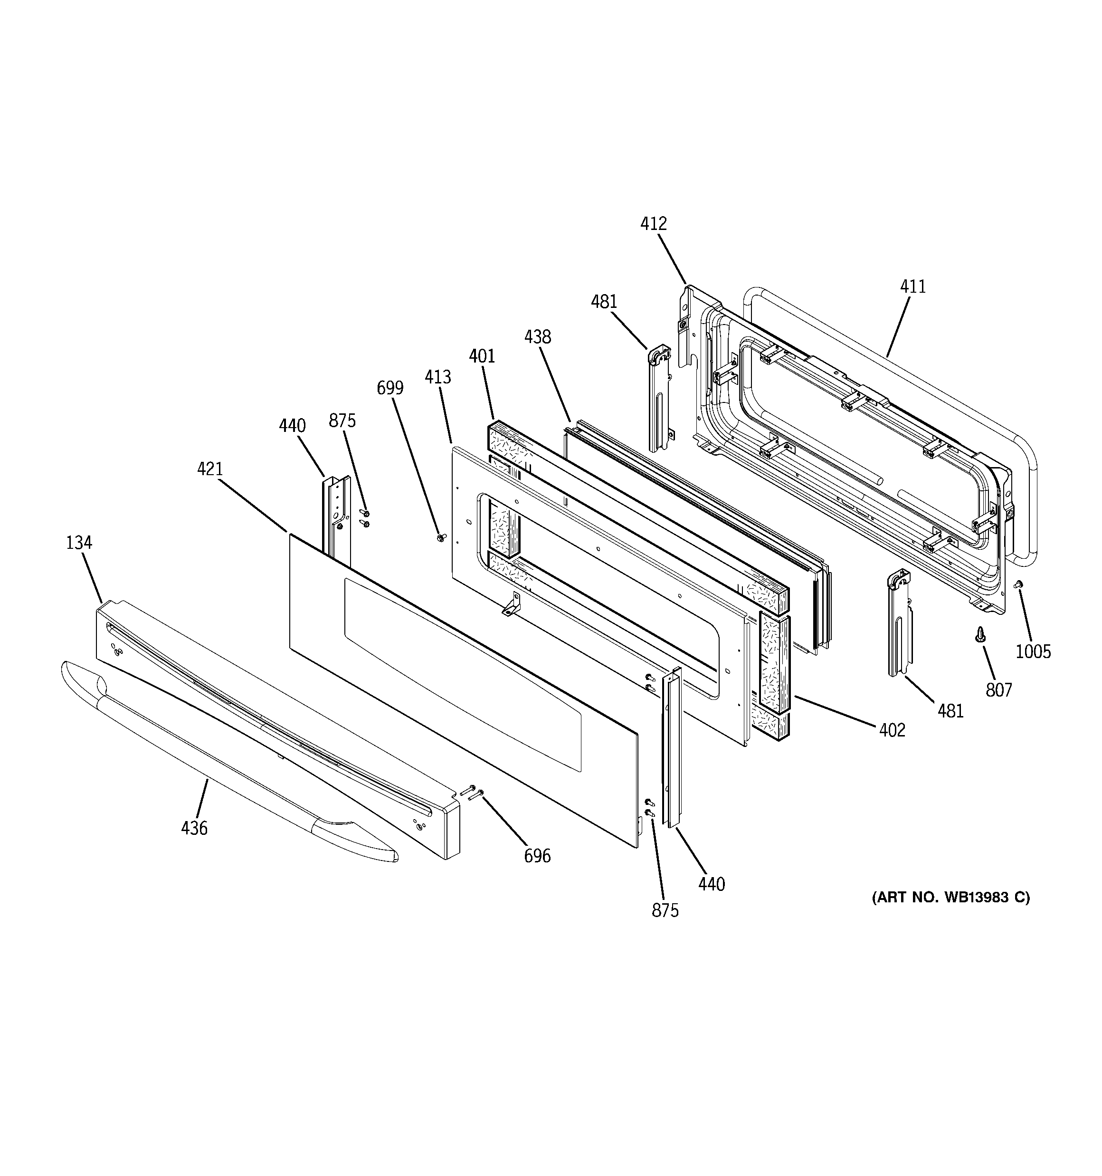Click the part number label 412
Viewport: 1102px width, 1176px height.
coord(653,224)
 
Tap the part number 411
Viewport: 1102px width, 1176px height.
coord(913,287)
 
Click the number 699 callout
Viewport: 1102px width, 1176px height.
coord(390,388)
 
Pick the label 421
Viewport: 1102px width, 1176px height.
coord(209,469)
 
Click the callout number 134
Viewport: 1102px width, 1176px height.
coord(79,543)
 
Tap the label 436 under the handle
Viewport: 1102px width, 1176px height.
coord(194,828)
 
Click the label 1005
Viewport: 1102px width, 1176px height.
coord(1033,652)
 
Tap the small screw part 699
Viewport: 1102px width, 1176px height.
coord(441,537)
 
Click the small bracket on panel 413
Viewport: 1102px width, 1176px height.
coord(512,604)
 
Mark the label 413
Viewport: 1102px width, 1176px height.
coord(438,377)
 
